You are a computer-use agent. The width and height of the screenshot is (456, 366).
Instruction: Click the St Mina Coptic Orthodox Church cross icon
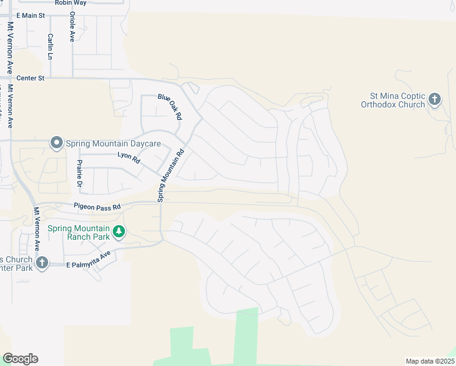pos(435,99)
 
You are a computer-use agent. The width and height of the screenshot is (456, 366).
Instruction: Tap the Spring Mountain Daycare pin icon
pos(57,143)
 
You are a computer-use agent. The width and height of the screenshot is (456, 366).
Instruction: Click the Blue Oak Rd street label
pos(170,106)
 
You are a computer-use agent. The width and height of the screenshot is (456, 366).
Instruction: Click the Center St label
pos(30,78)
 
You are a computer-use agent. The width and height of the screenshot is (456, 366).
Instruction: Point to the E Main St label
pos(31,15)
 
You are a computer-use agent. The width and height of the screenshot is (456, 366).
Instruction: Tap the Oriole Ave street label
pos(72,26)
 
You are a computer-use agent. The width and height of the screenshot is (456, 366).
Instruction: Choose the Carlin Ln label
pos(50,46)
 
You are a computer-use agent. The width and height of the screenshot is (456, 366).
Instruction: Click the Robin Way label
pos(70,3)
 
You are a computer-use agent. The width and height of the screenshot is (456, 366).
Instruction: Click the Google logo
pos(20,359)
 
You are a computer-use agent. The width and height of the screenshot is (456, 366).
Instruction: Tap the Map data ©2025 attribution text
pos(429,361)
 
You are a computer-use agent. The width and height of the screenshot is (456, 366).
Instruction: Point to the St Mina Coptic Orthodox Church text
pos(397,100)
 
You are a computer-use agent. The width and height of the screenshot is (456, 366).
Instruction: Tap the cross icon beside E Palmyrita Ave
pos(41,263)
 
